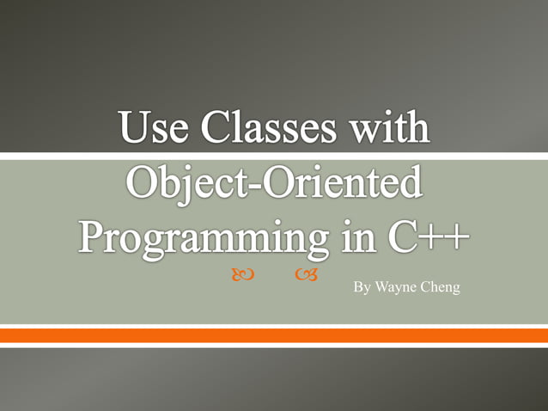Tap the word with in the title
tap(388, 129)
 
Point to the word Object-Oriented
tap(275, 182)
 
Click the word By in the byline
tap(362, 286)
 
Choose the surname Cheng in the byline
tap(441, 286)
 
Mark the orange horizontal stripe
tap(274, 335)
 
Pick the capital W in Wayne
tap(381, 286)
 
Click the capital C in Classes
tap(214, 129)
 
